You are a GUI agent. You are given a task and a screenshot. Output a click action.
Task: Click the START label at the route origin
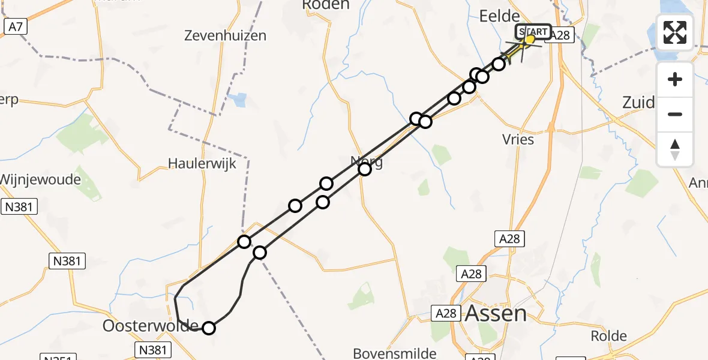tap(533, 32)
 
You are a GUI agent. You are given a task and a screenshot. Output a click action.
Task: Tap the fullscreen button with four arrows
tap(675, 32)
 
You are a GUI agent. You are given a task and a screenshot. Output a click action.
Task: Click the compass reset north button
tap(675, 149)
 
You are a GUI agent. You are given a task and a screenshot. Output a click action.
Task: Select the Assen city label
tap(496, 313)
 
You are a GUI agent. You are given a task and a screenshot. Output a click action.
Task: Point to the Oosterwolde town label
tap(150, 326)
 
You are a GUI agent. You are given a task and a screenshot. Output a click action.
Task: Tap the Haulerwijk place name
tap(202, 163)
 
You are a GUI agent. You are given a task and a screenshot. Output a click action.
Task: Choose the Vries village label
tap(518, 139)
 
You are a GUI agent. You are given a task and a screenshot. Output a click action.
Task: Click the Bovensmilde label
tap(394, 353)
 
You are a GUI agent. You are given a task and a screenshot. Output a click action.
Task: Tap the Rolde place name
tap(609, 336)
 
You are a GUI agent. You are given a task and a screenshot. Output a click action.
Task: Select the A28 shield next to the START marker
tap(560, 35)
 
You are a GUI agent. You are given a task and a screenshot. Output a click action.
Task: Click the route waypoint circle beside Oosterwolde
tap(208, 328)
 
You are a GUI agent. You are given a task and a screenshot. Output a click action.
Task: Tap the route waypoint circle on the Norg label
tap(365, 169)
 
